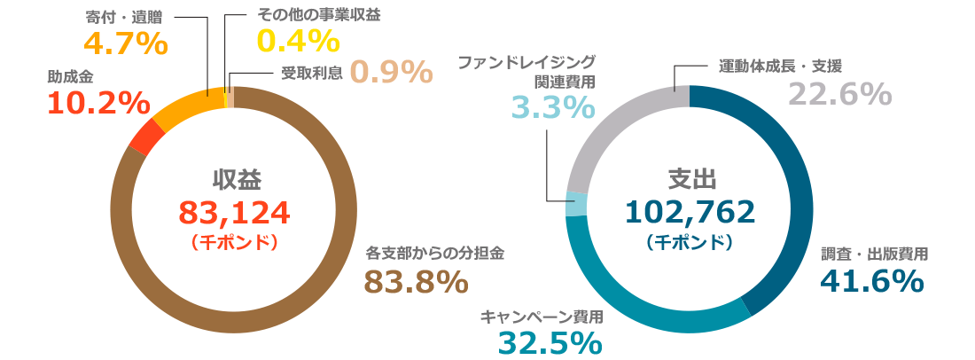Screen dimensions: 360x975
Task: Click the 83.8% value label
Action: [416, 282]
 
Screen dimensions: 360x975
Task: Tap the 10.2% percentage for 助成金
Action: [97, 103]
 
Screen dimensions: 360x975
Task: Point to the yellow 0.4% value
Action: [298, 42]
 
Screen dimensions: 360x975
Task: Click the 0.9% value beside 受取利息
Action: [391, 71]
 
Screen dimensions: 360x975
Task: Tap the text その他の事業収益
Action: [306, 15]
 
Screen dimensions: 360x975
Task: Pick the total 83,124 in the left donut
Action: [235, 212]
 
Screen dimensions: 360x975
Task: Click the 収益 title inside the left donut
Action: [235, 179]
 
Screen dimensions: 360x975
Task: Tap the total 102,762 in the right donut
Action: [690, 212]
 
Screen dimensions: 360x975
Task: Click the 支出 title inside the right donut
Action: [690, 179]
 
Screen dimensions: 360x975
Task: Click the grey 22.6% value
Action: [839, 93]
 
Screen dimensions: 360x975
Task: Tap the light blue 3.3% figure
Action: [553, 107]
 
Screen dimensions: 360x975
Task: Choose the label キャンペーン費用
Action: [542, 316]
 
